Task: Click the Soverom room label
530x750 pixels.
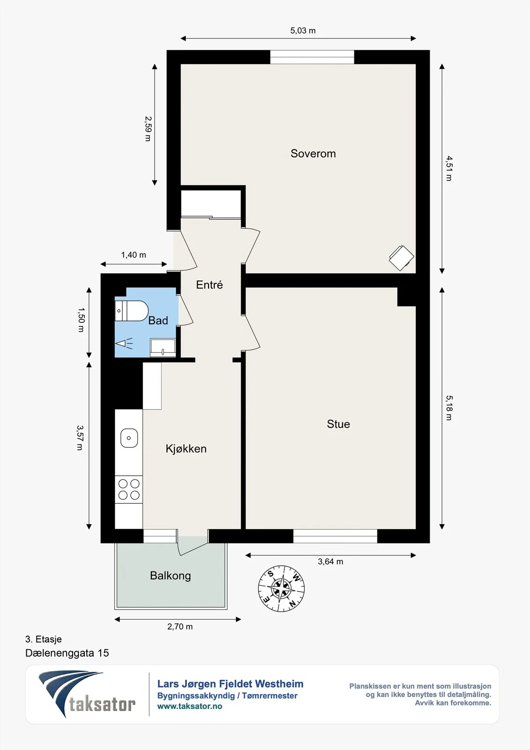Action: click(313, 153)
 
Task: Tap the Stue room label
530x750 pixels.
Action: click(338, 424)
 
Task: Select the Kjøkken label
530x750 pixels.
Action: click(186, 448)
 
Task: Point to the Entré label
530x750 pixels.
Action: click(209, 285)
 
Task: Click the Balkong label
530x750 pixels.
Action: click(171, 576)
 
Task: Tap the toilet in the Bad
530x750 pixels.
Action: click(131, 311)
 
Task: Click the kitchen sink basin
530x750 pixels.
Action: click(129, 438)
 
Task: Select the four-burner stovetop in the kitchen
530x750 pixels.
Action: click(129, 489)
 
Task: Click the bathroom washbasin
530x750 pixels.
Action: click(163, 347)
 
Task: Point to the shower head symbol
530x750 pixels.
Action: click(124, 343)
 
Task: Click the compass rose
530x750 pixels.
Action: click(281, 589)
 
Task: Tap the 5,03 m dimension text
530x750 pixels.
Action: click(303, 31)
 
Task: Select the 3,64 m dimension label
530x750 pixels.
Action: click(330, 562)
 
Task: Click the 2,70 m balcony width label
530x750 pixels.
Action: click(180, 626)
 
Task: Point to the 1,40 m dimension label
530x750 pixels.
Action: click(134, 255)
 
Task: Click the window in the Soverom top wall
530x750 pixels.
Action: click(312, 57)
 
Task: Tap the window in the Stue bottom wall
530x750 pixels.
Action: click(335, 536)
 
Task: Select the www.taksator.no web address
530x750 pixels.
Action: click(190, 706)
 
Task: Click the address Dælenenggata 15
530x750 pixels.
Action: click(67, 653)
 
